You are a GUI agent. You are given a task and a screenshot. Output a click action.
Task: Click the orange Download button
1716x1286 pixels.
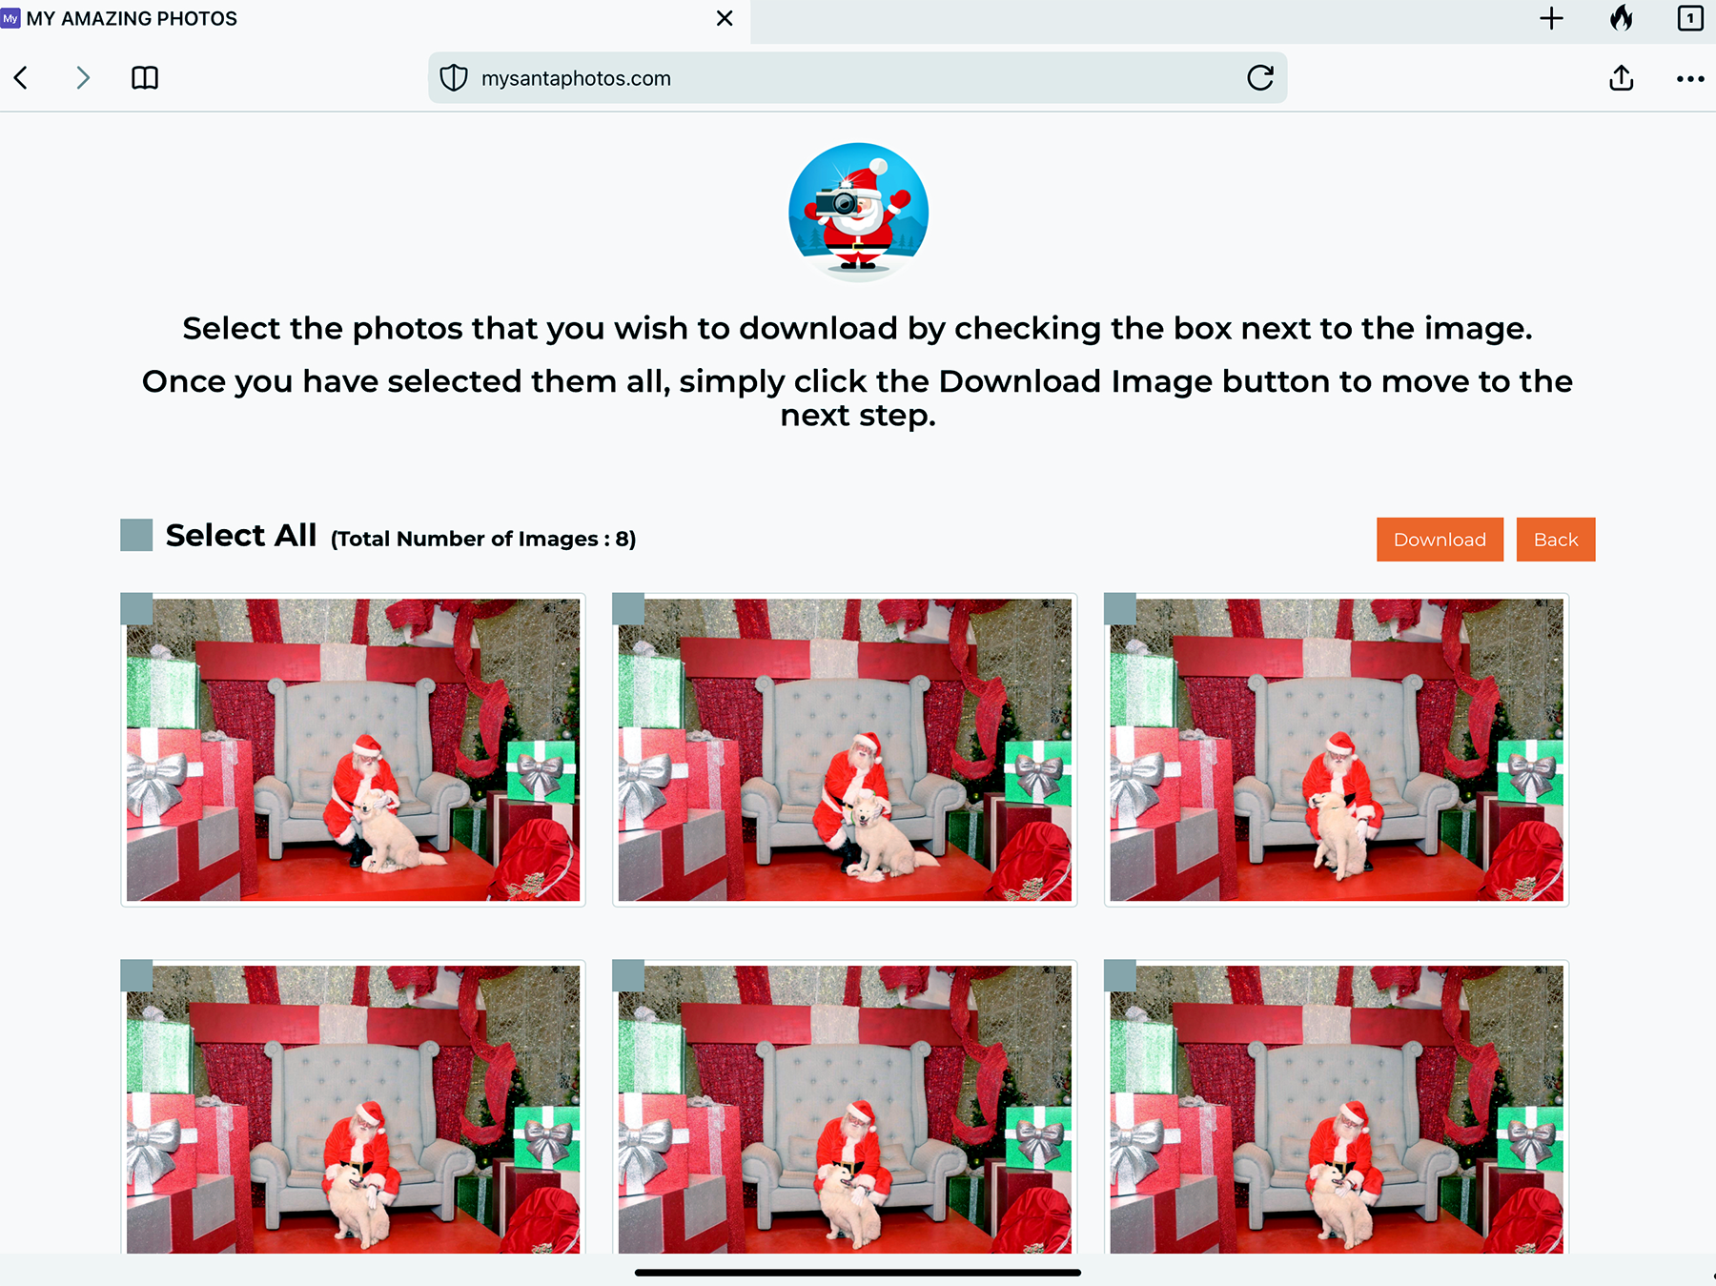(x=1440, y=540)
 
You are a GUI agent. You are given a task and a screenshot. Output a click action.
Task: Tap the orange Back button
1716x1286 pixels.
(x=1556, y=540)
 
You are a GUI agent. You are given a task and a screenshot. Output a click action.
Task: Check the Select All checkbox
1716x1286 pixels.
(x=136, y=535)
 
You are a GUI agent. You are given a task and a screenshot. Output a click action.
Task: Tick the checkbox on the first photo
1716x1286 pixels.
(x=136, y=609)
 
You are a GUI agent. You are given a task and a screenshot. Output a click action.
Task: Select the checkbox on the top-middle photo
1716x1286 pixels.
(x=628, y=609)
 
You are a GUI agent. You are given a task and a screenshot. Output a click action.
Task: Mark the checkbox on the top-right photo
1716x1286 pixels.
(x=1120, y=609)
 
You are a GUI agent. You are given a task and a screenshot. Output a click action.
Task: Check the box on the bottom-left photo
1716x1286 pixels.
(x=136, y=975)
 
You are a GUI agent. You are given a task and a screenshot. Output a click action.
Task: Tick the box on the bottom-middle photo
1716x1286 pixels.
(x=628, y=975)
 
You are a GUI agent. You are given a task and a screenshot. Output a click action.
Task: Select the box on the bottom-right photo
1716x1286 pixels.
(x=1120, y=975)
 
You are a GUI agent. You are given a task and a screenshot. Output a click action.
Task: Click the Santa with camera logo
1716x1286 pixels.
(x=858, y=212)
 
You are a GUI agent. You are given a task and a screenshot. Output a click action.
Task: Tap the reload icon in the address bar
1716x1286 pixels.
(x=1260, y=78)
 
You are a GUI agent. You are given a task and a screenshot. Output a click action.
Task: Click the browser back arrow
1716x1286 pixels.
(x=21, y=78)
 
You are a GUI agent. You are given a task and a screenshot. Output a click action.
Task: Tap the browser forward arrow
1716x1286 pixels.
(x=83, y=78)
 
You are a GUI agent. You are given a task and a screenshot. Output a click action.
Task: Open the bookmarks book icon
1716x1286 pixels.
(x=145, y=78)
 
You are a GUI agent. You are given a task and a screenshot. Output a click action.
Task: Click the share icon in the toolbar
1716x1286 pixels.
(x=1621, y=77)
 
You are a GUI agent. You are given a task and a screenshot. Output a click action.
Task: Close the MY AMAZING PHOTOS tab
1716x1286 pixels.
(x=725, y=18)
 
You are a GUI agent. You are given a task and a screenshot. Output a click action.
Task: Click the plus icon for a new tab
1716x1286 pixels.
(x=1551, y=18)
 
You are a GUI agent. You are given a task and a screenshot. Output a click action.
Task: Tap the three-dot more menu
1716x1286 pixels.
(x=1690, y=79)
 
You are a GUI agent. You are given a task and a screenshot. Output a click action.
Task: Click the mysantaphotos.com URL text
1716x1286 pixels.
(x=576, y=78)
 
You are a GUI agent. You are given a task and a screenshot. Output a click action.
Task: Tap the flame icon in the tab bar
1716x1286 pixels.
(x=1621, y=18)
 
